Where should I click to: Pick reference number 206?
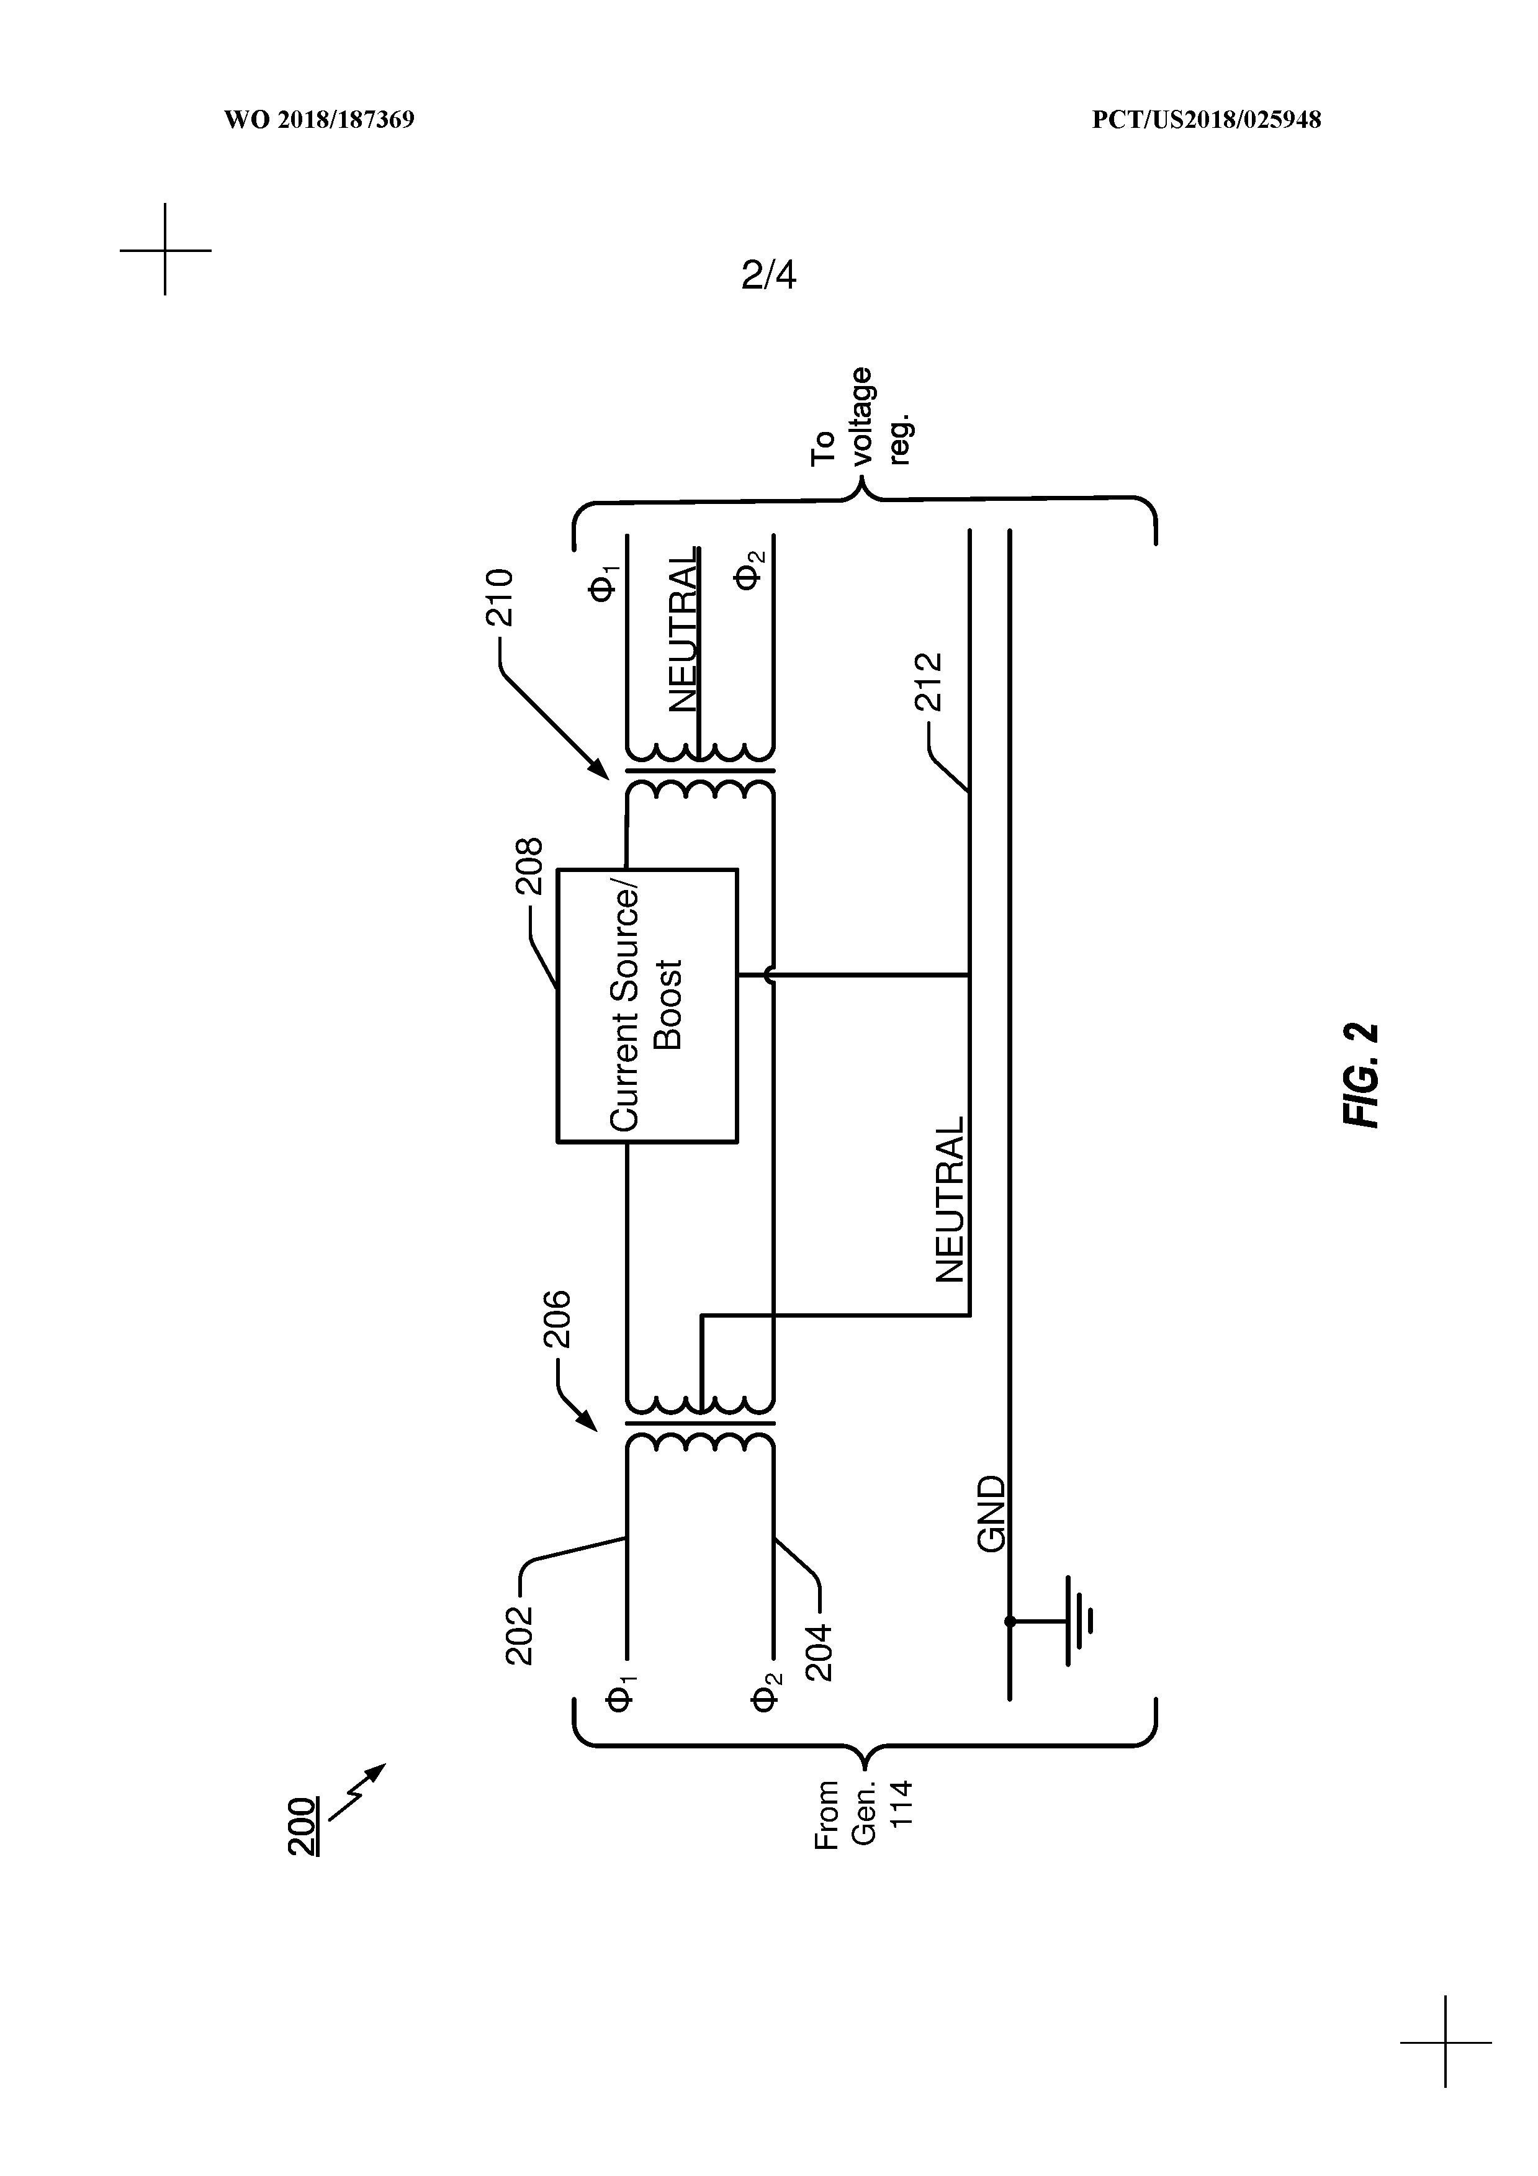pos(556,1318)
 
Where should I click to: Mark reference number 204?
pos(818,1652)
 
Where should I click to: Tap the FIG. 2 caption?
pos(1362,1075)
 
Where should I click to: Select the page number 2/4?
pos(768,275)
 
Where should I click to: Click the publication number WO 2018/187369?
pos(320,120)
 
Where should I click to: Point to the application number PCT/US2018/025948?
pos(1207,120)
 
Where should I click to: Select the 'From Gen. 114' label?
pos(861,1814)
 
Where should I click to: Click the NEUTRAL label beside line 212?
pos(950,1199)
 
